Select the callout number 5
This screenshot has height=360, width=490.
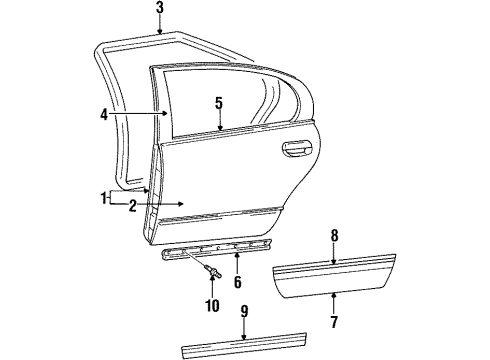point(218,103)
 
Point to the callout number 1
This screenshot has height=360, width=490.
point(104,198)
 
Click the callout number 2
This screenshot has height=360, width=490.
point(131,205)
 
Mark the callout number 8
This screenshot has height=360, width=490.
point(335,237)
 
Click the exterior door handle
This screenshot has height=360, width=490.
point(297,150)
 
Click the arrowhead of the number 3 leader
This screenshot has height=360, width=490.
point(160,34)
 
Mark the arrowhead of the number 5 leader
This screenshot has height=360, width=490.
point(218,131)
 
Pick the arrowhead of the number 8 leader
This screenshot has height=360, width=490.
point(335,261)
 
